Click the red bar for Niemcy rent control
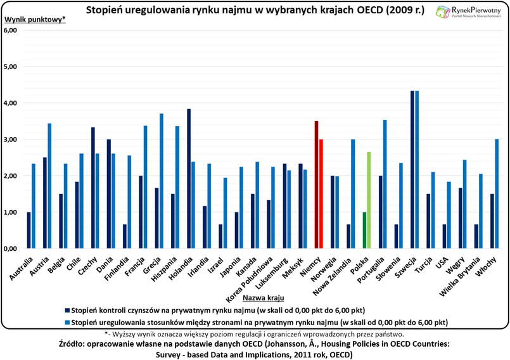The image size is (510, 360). coord(316,184)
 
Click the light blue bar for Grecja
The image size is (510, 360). coord(162,181)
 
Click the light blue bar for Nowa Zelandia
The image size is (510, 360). coord(353,194)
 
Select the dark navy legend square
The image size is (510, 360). coord(66,310)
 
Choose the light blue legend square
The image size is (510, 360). coord(66,321)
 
